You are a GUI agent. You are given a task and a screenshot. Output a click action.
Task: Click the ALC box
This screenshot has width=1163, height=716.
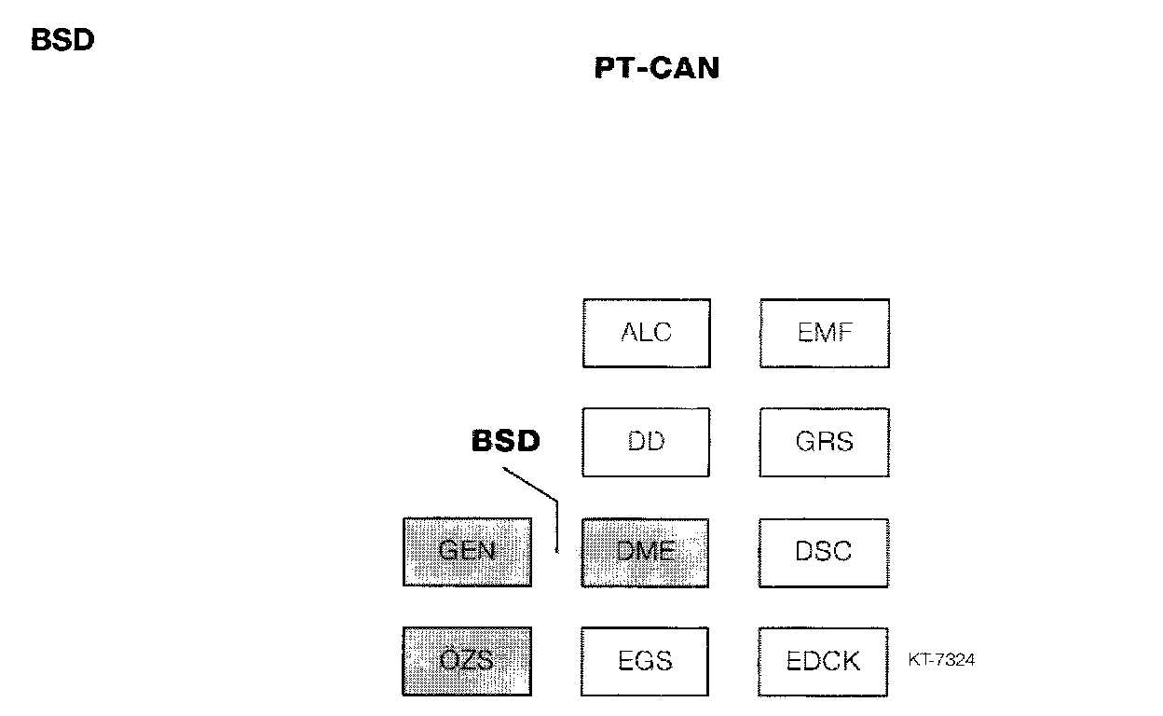pos(646,333)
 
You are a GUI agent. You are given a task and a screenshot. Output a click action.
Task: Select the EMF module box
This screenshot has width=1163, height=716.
pos(824,333)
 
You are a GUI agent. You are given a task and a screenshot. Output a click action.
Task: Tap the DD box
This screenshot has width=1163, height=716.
pos(646,442)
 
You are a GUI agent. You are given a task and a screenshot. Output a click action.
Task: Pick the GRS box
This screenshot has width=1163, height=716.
pos(824,442)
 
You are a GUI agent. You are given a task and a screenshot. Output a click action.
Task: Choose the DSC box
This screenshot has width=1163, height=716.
pos(824,553)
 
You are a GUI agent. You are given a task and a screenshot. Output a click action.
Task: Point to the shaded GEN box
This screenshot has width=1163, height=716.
pos(467,552)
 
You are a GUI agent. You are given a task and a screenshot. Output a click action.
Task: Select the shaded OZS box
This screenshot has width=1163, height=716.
pos(467,661)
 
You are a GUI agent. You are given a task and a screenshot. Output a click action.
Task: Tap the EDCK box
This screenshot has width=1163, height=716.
pos(824,662)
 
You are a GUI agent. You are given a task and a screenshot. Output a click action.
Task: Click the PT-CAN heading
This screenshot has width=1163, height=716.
pos(657,69)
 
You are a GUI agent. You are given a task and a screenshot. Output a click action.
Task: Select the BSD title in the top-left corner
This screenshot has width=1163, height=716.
pos(62,41)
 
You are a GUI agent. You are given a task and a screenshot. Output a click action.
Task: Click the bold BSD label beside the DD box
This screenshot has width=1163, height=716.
pos(505,441)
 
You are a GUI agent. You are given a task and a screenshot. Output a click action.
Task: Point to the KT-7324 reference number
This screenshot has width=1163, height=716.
pos(941,660)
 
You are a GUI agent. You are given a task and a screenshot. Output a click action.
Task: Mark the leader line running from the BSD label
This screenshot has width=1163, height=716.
pos(536,488)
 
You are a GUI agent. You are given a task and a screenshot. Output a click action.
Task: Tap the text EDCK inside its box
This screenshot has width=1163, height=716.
pos(824,661)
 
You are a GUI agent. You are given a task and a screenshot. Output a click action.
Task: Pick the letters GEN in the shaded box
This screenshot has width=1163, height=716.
pos(467,550)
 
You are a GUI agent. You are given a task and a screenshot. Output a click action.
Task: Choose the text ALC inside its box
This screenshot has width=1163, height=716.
pos(646,333)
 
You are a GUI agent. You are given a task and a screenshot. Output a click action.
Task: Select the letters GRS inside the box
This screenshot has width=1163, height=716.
pos(824,441)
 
